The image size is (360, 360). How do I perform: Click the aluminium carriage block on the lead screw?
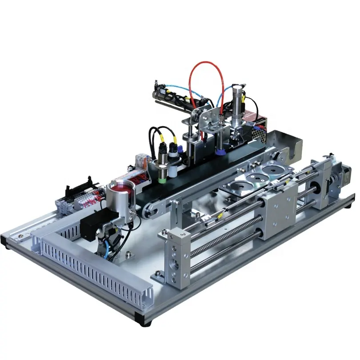(278, 211)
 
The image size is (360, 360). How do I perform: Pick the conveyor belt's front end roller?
(149, 212)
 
